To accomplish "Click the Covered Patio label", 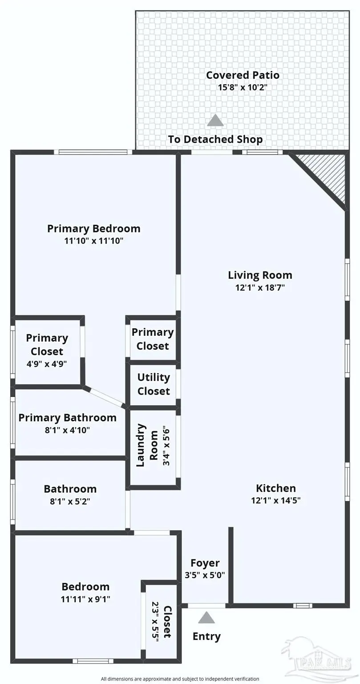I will coord(242,75).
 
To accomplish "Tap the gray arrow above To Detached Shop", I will coord(215,120).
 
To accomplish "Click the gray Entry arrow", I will coord(206,618).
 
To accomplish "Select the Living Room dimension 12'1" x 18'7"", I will coord(260,287).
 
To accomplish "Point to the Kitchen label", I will coord(275,488).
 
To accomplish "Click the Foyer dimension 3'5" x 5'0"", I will coord(205,575).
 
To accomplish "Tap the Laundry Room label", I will coord(147,445).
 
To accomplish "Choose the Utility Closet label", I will coord(153,384).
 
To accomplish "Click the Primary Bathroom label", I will coord(67,418).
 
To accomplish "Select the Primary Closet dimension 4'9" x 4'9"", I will coord(47,363).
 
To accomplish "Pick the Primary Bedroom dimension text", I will coord(93,241).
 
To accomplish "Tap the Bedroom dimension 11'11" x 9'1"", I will coord(85,599).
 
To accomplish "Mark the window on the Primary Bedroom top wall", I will coord(93,152).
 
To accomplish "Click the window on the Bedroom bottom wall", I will coord(90,661).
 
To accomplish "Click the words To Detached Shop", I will coord(215,139).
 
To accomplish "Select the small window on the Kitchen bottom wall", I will coord(302,606).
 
